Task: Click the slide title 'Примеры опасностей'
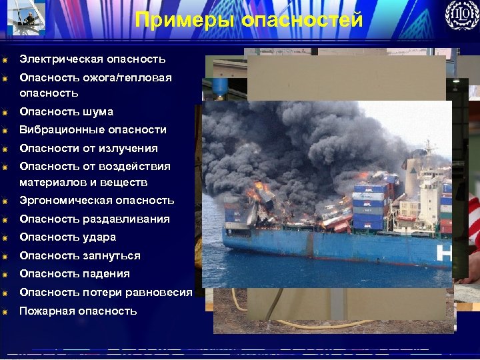click(x=249, y=20)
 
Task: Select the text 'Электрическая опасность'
click(x=93, y=59)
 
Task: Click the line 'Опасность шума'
click(x=67, y=111)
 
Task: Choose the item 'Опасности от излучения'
click(x=89, y=148)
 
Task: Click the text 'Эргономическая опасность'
click(x=97, y=200)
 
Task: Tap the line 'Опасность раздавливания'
click(x=95, y=219)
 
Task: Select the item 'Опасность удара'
click(x=68, y=237)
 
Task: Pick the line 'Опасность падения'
click(x=75, y=273)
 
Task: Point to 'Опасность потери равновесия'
click(x=106, y=292)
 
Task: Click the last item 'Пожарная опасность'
click(x=78, y=311)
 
